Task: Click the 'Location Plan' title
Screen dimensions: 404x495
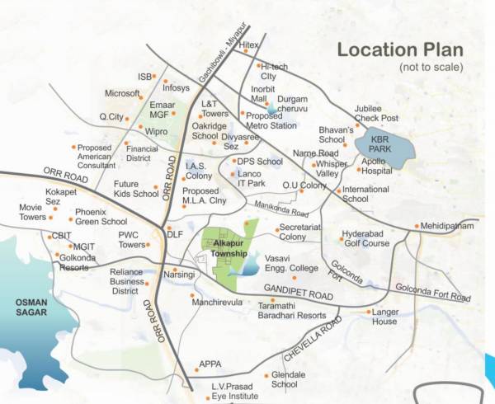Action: click(x=401, y=49)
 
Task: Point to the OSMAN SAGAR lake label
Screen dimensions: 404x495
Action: click(x=27, y=307)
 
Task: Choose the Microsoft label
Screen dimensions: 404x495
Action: click(x=122, y=93)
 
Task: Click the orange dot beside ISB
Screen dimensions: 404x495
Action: click(x=157, y=76)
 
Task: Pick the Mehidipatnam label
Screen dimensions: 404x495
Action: click(x=447, y=225)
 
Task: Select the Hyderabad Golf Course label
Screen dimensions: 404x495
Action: click(x=365, y=238)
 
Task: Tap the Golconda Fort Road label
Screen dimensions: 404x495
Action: click(x=432, y=290)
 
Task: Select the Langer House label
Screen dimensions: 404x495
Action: click(x=385, y=317)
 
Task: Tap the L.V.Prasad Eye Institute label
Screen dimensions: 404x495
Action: click(x=226, y=391)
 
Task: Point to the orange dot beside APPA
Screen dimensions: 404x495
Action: click(x=194, y=364)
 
